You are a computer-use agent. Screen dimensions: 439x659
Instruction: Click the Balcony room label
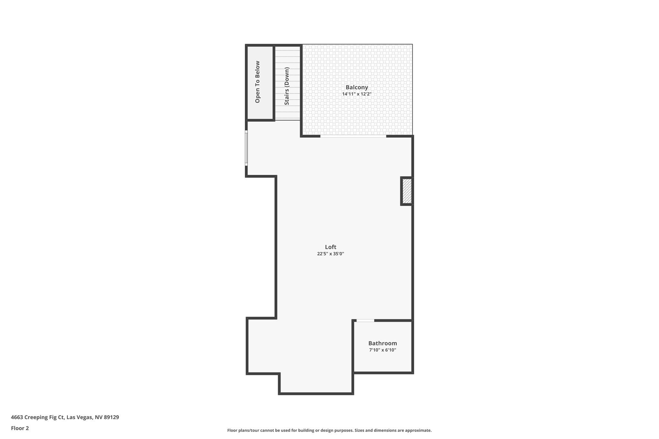coord(357,87)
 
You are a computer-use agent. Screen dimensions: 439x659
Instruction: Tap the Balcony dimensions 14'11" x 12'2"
coord(357,94)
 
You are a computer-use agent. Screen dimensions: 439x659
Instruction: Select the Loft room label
coord(330,247)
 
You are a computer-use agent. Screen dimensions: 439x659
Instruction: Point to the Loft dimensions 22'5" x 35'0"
coord(330,254)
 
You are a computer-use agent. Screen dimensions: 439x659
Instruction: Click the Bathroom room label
coord(383,343)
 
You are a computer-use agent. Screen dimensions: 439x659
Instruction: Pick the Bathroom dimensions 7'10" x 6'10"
coord(383,350)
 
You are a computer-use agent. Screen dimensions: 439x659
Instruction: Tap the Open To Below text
coord(257,82)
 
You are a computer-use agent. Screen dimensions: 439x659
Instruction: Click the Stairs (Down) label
coord(287,86)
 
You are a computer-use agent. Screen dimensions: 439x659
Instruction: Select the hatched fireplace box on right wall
coord(407,191)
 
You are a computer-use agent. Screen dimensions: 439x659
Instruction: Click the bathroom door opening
coord(365,320)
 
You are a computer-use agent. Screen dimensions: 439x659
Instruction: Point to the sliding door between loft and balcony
coord(353,136)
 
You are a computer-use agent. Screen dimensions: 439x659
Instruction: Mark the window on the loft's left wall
coord(246,148)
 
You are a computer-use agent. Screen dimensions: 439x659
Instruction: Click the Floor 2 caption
coord(20,428)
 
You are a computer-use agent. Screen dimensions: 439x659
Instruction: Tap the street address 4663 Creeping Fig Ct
coord(37,417)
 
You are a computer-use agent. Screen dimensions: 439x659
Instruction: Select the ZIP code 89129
coord(111,417)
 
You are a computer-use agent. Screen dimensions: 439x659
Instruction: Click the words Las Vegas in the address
coord(79,417)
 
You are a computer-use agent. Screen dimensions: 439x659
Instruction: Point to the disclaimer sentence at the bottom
coord(329,430)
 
